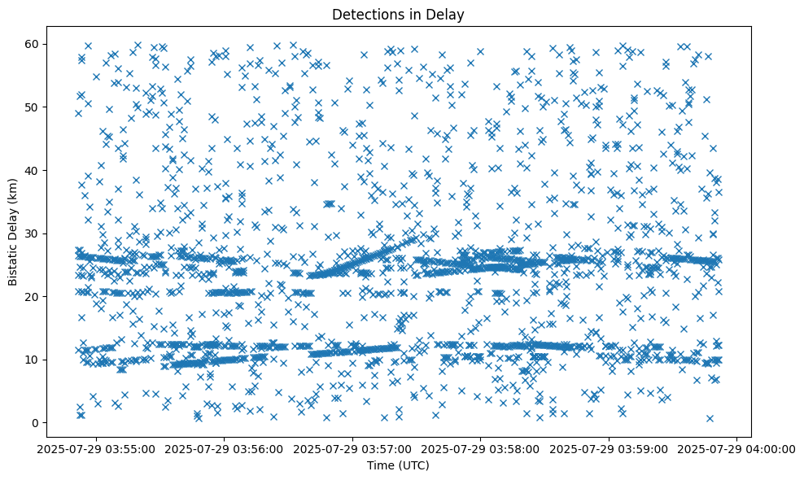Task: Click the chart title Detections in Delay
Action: point(399,14)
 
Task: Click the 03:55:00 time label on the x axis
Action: point(97,449)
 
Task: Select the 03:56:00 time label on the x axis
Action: point(225,449)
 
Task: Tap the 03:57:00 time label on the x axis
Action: point(353,449)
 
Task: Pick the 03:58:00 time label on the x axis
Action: point(481,449)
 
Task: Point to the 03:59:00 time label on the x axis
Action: point(610,449)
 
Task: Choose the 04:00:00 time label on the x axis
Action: point(737,449)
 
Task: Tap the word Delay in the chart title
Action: point(448,14)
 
